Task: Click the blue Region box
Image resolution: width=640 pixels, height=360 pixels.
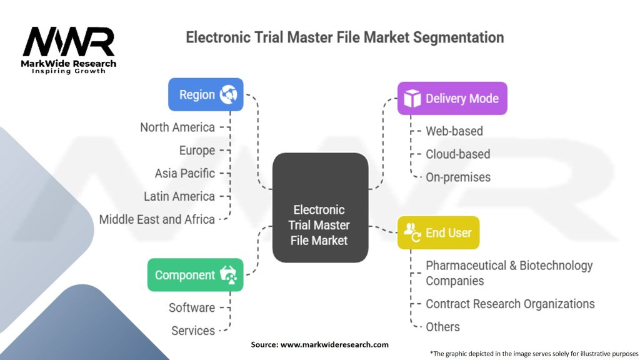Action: click(206, 94)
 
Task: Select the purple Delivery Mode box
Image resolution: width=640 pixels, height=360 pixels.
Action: click(452, 98)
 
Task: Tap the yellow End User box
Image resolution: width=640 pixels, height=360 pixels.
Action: click(438, 232)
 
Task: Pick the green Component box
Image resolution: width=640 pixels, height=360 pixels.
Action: click(195, 275)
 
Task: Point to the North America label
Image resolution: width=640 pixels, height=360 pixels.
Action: click(177, 127)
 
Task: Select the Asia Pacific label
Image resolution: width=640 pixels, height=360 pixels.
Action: click(184, 173)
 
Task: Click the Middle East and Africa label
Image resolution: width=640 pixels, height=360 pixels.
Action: click(157, 219)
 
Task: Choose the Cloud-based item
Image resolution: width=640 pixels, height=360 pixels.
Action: click(457, 154)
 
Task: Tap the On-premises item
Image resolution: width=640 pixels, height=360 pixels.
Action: click(457, 177)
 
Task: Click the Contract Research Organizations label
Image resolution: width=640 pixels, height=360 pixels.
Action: click(509, 304)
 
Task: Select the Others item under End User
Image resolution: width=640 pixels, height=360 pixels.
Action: click(442, 327)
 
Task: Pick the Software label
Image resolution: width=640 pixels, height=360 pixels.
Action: click(191, 307)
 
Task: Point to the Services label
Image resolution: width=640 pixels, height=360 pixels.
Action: click(193, 331)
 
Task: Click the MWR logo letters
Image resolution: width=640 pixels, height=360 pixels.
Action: click(69, 42)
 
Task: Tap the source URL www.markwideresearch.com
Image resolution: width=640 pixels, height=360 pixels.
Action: click(334, 344)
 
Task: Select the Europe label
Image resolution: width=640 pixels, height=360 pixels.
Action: click(196, 151)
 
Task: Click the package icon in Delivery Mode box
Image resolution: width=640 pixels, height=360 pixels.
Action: click(412, 98)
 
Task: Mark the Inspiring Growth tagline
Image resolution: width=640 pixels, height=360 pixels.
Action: click(69, 71)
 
